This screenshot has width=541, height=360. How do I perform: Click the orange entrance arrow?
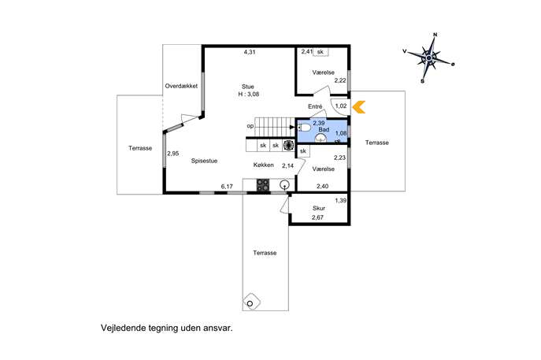tap(359, 106)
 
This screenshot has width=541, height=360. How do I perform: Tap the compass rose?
tap(429, 58)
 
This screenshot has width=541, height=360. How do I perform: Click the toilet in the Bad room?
tap(304, 128)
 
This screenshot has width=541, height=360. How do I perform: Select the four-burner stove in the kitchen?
tap(262, 184)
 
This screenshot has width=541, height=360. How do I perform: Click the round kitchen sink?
tap(284, 184)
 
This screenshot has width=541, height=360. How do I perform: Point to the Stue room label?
tap(248, 87)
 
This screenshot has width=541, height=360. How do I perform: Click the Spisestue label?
tap(204, 161)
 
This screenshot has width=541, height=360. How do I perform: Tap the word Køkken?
tap(263, 165)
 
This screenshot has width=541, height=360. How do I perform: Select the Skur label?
tap(319, 208)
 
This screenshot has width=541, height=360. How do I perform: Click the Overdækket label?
tap(181, 86)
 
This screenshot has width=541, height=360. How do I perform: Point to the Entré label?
tap(315, 106)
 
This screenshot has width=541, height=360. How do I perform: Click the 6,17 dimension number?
tap(227, 187)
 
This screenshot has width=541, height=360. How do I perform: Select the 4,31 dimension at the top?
tap(250, 52)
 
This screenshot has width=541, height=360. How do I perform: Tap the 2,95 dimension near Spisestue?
tap(173, 154)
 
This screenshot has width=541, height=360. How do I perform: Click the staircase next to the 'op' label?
tap(275, 127)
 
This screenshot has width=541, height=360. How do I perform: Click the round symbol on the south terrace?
tap(250, 303)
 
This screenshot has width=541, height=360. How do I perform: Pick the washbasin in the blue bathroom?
tap(321, 138)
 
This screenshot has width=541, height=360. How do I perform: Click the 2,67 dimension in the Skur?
tap(317, 217)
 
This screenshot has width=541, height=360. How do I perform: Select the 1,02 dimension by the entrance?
tap(341, 106)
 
